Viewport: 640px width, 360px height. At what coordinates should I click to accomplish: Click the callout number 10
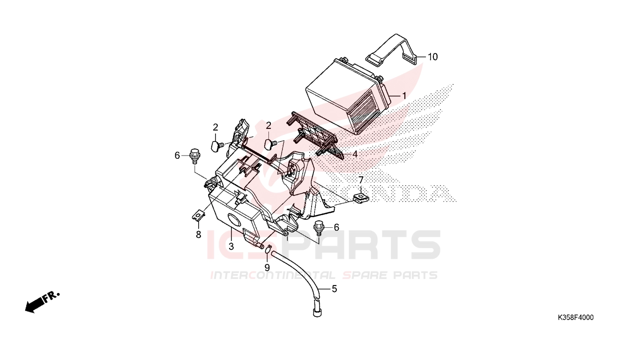pyautogui.click(x=432, y=57)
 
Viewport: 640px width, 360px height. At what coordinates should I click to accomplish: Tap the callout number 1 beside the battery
pyautogui.click(x=404, y=96)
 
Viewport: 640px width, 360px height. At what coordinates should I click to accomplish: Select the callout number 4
pyautogui.click(x=355, y=154)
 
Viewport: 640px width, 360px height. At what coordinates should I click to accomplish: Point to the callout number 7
pyautogui.click(x=361, y=180)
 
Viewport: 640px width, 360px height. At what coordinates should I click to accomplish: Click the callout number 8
pyautogui.click(x=199, y=235)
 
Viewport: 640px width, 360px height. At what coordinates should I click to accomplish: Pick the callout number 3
pyautogui.click(x=231, y=246)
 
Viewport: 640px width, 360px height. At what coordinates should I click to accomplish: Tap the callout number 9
pyautogui.click(x=267, y=268)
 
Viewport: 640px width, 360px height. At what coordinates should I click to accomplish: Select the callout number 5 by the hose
pyautogui.click(x=334, y=289)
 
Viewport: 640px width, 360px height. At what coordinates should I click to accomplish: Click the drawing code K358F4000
pyautogui.click(x=576, y=318)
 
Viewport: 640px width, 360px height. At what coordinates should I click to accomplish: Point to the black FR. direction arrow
pyautogui.click(x=42, y=302)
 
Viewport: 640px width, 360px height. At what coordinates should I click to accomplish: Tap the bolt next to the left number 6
pyautogui.click(x=194, y=156)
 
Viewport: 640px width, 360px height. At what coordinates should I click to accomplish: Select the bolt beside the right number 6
pyautogui.click(x=318, y=229)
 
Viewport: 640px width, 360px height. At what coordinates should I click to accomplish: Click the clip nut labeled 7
pyautogui.click(x=361, y=198)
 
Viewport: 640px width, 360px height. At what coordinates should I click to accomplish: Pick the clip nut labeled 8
pyautogui.click(x=198, y=215)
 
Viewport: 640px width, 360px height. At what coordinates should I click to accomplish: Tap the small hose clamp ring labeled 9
pyautogui.click(x=268, y=249)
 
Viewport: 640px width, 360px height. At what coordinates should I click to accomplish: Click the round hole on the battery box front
pyautogui.click(x=234, y=220)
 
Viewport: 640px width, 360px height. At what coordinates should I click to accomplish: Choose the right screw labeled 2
pyautogui.click(x=271, y=143)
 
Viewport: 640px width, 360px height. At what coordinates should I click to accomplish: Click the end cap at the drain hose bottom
pyautogui.click(x=317, y=312)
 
